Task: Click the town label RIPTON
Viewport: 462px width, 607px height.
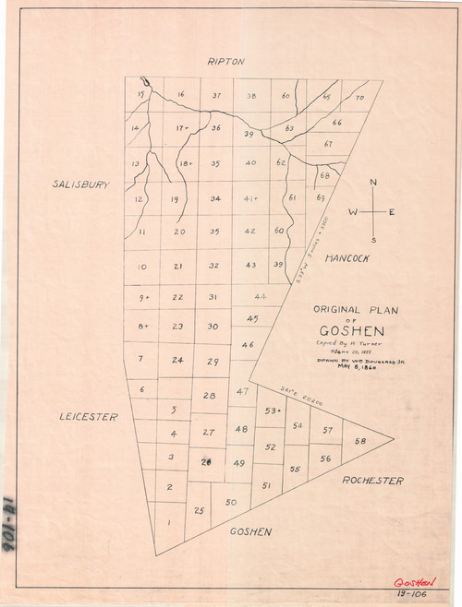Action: point(226,62)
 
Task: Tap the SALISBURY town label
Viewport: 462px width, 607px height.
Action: point(81,184)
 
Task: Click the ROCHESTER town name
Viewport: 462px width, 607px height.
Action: point(372,481)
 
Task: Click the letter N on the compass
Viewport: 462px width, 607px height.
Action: point(373,183)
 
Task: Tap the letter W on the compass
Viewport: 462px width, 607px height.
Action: point(352,212)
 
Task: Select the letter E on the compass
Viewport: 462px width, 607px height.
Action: point(392,212)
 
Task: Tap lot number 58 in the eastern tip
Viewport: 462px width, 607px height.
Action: point(359,442)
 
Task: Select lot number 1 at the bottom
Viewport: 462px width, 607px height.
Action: point(167,523)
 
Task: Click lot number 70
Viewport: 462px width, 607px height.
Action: point(359,97)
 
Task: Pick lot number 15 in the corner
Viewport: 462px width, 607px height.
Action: point(140,94)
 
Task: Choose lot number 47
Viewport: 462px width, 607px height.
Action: point(242,392)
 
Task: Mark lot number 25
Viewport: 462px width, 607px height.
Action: point(198,510)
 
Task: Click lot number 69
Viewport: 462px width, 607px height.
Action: point(320,197)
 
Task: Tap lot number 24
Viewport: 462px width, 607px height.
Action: point(177,360)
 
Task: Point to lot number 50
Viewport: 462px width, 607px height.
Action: point(231,502)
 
